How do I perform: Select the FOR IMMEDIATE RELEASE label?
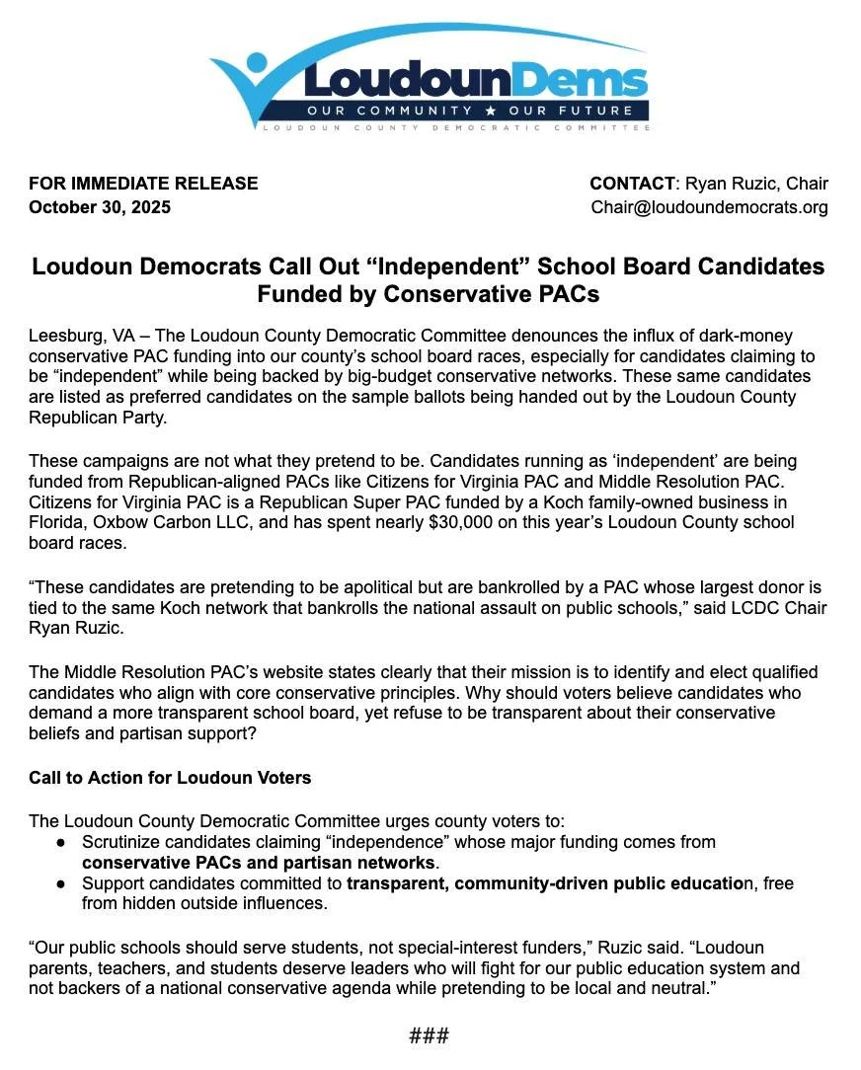click(143, 184)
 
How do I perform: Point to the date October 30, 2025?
click(100, 207)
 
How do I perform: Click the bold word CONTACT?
click(632, 184)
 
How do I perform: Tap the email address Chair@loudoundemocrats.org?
click(709, 207)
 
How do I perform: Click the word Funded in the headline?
click(304, 294)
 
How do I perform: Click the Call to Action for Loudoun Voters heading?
click(170, 778)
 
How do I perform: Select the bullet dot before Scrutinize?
click(61, 842)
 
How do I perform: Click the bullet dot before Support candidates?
click(61, 883)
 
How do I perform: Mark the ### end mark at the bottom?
click(430, 1035)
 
